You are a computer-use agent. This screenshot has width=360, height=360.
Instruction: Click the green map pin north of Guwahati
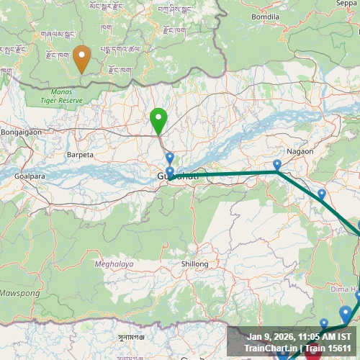click(158, 120)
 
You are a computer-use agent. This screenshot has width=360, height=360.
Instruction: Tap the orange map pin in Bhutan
click(82, 58)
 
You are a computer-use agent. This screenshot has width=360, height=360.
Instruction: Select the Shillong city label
click(194, 264)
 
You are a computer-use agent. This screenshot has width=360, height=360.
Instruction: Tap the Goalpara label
click(30, 175)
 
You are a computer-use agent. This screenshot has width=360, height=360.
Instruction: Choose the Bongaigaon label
click(22, 132)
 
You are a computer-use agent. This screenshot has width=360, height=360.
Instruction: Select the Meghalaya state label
click(114, 264)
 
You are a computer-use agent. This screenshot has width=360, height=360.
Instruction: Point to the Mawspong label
click(19, 294)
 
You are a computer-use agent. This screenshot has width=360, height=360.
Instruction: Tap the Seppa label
click(346, 3)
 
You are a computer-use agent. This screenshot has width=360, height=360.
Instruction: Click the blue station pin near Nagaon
click(277, 166)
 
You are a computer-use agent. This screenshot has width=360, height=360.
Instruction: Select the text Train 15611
click(328, 348)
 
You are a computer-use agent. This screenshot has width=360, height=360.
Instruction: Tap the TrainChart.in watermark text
click(270, 348)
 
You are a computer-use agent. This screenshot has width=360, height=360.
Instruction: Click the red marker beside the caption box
click(313, 351)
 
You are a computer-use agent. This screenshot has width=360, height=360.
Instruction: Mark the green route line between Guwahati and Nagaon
click(223, 174)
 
